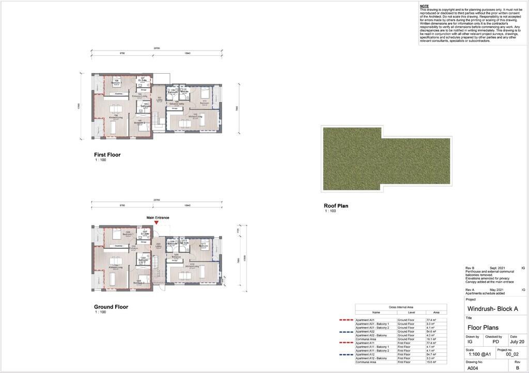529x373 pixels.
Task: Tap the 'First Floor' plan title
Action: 107,155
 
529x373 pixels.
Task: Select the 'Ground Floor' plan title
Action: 111,307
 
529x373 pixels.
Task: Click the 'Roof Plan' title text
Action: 336,206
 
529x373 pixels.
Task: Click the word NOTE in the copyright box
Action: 424,6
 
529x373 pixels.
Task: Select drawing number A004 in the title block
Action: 473,368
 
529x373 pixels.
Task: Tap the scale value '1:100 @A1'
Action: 479,354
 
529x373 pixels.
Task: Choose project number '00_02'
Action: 512,355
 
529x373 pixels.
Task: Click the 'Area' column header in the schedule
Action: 436,312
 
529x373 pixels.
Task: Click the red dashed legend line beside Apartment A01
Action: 346,320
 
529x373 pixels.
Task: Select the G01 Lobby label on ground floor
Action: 159,246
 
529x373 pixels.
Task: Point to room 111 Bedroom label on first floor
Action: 205,102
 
